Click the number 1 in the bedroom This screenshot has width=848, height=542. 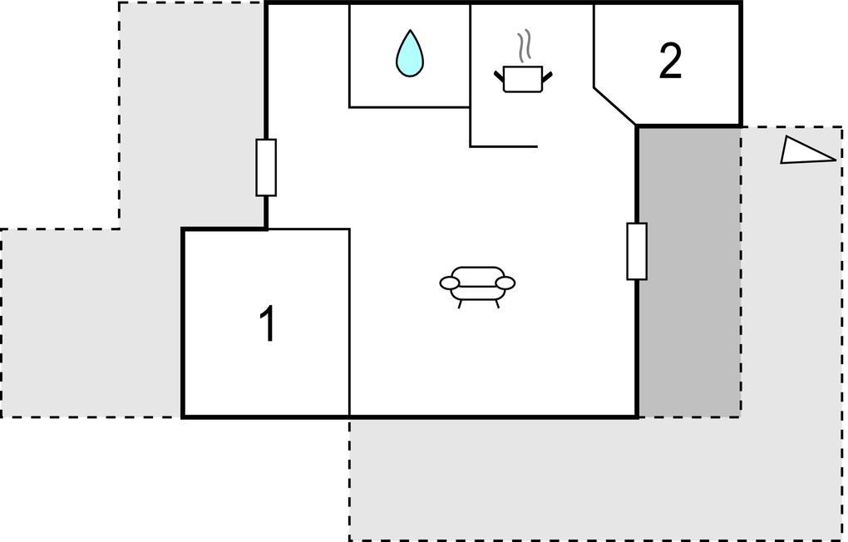(268, 323)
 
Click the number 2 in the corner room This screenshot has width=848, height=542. (670, 62)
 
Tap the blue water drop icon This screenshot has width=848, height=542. (409, 53)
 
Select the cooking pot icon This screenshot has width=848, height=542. (523, 78)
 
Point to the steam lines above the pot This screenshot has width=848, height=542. (522, 47)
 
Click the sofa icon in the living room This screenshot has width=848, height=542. (477, 287)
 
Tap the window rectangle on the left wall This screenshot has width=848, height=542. (266, 167)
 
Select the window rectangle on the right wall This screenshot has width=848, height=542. (637, 251)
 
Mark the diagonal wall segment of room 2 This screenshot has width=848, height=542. (615, 106)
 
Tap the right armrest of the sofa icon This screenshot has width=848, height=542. (506, 283)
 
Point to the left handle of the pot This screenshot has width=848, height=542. (499, 76)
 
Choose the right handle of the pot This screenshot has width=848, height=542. (547, 76)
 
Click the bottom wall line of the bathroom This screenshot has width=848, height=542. (409, 107)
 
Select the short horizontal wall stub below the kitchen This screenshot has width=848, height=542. (504, 146)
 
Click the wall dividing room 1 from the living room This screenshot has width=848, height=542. (349, 323)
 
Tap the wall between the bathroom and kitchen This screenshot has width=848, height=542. (470, 56)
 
